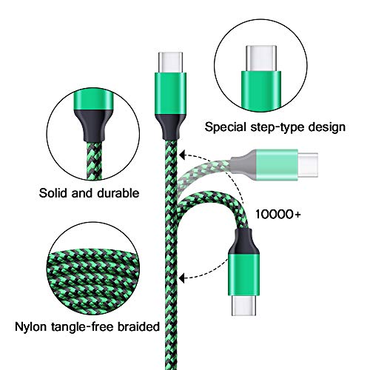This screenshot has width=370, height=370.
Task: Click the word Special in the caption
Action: (226, 127)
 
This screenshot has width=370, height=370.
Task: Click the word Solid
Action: (53, 192)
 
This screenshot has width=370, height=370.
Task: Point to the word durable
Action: (118, 192)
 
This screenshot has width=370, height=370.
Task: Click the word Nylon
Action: (31, 327)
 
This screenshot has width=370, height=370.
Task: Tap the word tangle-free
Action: (82, 327)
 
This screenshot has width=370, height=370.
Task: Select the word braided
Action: (138, 326)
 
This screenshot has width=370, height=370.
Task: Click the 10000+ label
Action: (278, 214)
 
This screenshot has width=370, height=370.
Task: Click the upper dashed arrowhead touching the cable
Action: (182, 155)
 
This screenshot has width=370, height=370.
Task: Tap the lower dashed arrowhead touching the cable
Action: (182, 278)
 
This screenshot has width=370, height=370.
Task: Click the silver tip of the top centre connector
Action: (170, 63)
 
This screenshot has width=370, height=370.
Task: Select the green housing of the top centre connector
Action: (170, 94)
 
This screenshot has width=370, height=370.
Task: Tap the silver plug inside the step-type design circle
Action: (261, 58)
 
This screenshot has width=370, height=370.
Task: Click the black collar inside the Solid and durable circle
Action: (94, 126)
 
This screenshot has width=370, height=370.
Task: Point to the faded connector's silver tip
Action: (308, 165)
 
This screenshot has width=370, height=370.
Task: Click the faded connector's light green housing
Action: (277, 165)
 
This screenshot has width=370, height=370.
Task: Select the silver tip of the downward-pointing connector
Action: (243, 305)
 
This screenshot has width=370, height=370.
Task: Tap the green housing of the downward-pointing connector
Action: (243, 275)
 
